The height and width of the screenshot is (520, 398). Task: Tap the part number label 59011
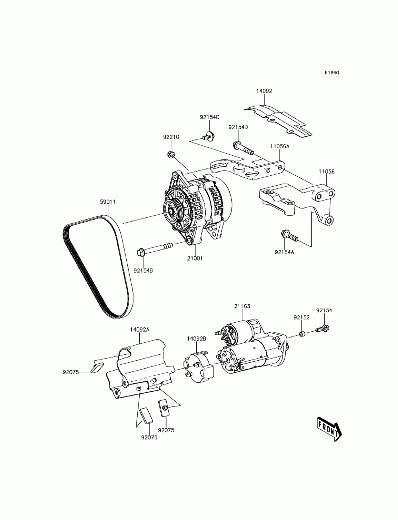click(x=107, y=201)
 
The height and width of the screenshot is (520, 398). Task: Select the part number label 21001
click(x=195, y=258)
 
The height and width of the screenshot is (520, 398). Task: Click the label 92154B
click(x=143, y=271)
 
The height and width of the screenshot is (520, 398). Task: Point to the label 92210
click(x=171, y=137)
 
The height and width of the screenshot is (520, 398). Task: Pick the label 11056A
click(x=280, y=146)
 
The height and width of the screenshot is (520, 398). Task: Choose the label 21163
click(x=242, y=306)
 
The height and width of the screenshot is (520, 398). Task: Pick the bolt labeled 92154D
click(x=242, y=149)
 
